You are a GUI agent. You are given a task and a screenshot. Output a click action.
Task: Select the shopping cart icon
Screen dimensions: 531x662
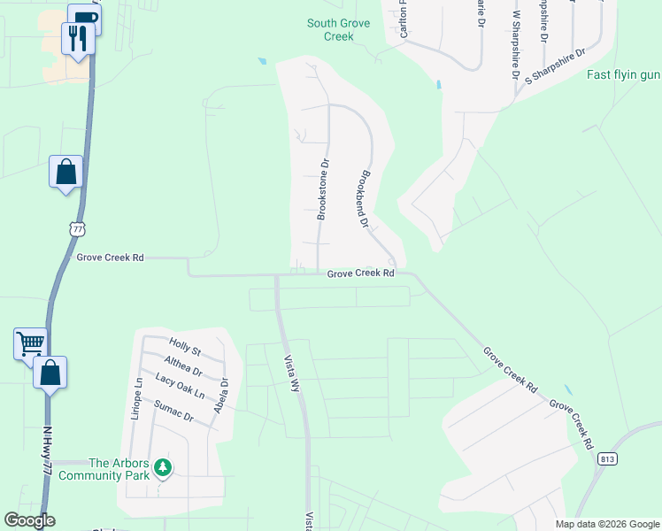click(x=30, y=342)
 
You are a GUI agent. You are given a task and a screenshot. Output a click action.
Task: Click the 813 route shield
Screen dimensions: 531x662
click(x=606, y=458)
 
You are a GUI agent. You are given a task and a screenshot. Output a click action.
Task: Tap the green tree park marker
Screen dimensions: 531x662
click(x=162, y=466)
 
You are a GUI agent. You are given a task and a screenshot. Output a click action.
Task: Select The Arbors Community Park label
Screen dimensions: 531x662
click(x=104, y=469)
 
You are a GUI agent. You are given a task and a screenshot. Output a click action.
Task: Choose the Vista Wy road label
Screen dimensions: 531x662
click(x=289, y=372)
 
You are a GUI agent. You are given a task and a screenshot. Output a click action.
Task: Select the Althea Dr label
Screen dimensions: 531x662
click(x=183, y=366)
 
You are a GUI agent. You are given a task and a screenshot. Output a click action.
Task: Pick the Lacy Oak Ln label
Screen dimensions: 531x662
click(x=180, y=386)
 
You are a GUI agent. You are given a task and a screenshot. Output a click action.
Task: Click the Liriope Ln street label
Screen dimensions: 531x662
click(x=137, y=402)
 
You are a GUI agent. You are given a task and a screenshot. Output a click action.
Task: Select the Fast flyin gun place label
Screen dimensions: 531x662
click(x=623, y=74)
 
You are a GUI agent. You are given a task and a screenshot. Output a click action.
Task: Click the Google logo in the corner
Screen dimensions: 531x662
click(x=29, y=520)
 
